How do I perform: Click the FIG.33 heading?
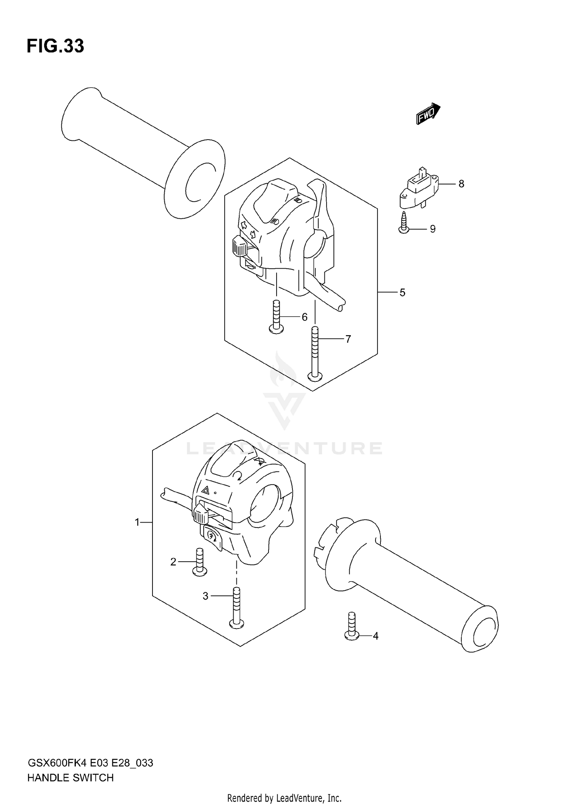[x=55, y=46]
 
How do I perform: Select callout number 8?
[x=461, y=184]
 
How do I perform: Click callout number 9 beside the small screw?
[x=432, y=229]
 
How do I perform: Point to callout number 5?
[x=402, y=293]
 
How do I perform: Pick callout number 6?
[x=304, y=317]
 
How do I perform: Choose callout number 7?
[x=348, y=339]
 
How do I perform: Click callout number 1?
[x=137, y=523]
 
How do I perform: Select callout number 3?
[x=205, y=596]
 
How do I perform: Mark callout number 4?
[x=376, y=636]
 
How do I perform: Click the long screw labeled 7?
[x=315, y=353]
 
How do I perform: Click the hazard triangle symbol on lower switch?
[x=205, y=490]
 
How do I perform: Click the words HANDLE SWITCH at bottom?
[x=71, y=778]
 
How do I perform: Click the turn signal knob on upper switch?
[x=240, y=247]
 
